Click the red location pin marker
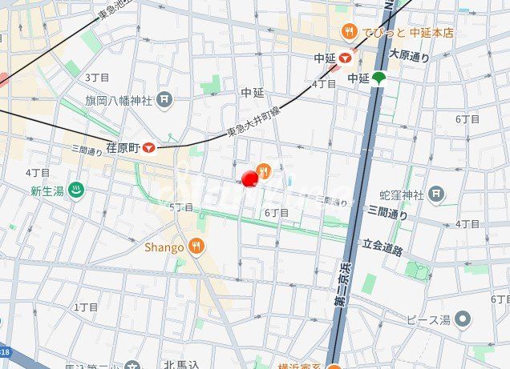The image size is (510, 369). tap(249, 178)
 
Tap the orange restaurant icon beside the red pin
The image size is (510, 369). tap(264, 170)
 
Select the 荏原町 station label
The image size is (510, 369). tap(123, 147)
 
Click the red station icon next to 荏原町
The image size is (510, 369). tap(148, 147)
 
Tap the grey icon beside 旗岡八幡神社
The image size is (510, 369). tap(164, 100)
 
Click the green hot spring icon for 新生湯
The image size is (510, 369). tap(77, 191)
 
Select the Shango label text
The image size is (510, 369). tap(164, 247)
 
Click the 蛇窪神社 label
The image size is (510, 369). tap(401, 195)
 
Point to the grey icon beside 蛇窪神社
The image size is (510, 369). tap(435, 194)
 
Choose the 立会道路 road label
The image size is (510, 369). tap(382, 248)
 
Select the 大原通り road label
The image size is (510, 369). tap(409, 55)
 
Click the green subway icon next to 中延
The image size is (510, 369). tap(378, 78)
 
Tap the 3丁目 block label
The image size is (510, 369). tap(97, 77)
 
